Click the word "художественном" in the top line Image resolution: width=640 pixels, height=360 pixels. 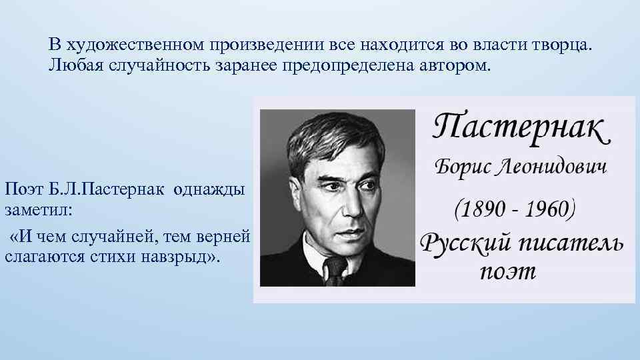[x=137, y=45]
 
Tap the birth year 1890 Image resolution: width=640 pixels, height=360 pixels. [x=485, y=209]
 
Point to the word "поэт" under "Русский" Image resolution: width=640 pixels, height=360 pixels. [x=507, y=273]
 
